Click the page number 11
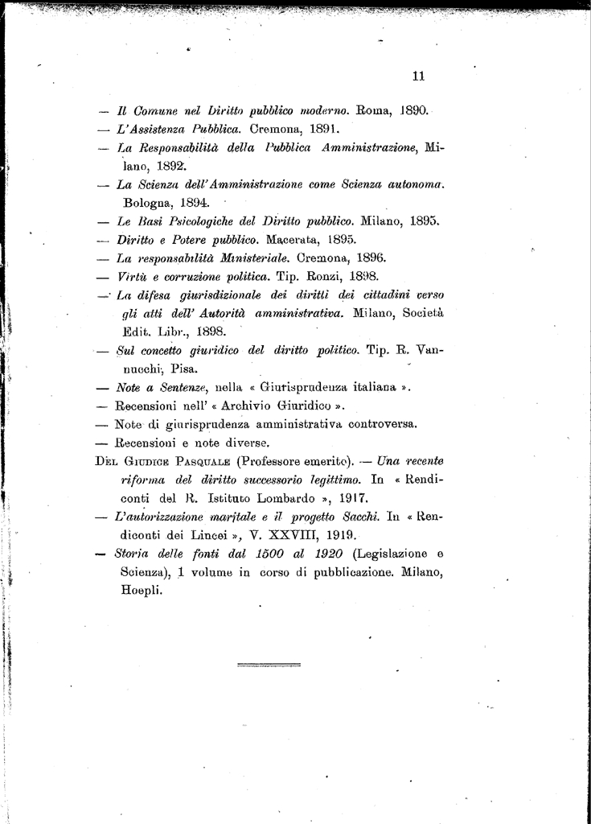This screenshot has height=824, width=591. (417, 76)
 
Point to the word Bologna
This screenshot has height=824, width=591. (148, 204)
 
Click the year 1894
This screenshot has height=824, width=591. (194, 204)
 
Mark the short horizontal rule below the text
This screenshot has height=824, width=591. (270, 665)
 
